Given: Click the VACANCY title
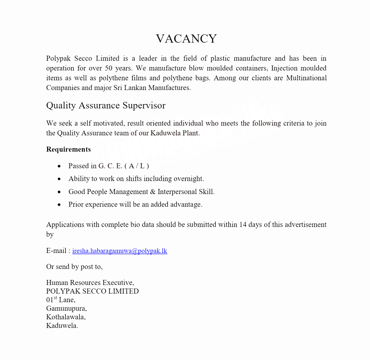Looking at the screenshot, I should pyautogui.click(x=186, y=39).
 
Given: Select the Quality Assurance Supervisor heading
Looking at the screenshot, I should pyautogui.click(x=106, y=106).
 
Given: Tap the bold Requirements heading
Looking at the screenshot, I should pyautogui.click(x=68, y=149).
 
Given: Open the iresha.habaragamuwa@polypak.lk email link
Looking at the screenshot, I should pyautogui.click(x=120, y=251).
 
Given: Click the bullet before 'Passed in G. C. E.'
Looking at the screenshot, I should pyautogui.click(x=60, y=166).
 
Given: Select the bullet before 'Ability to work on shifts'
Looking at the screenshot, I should pyautogui.click(x=60, y=179).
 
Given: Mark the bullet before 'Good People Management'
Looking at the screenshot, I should pyautogui.click(x=60, y=192).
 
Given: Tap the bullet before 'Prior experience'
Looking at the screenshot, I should pyautogui.click(x=60, y=204).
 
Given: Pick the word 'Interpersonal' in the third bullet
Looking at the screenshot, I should pyautogui.click(x=177, y=191).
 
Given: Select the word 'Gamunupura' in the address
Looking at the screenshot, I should pyautogui.click(x=66, y=308).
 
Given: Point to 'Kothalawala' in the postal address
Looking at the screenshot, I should pyautogui.click(x=65, y=317).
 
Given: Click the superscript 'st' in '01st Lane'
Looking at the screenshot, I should pyautogui.click(x=55, y=298).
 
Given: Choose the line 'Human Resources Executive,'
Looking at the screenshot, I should pyautogui.click(x=90, y=283).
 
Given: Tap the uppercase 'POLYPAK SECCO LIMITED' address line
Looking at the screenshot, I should pyautogui.click(x=92, y=291).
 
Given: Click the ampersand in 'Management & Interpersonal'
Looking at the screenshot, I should pyautogui.click(x=153, y=191).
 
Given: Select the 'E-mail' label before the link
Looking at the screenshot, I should pyautogui.click(x=56, y=251).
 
